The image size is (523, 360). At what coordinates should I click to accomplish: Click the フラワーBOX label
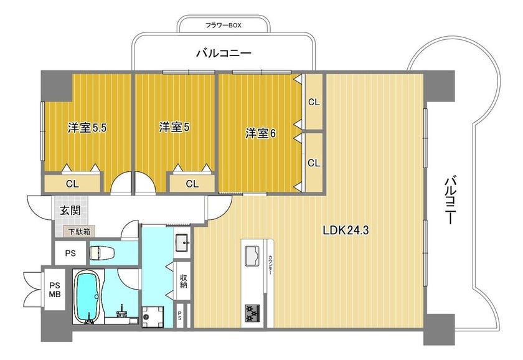tap(223, 25)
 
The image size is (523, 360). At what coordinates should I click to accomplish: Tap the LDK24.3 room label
tap(346, 230)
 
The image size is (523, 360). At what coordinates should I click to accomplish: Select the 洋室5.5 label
tap(87, 128)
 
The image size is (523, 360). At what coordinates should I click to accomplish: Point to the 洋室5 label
tap(174, 127)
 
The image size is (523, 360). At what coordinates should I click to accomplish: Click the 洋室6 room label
tap(260, 133)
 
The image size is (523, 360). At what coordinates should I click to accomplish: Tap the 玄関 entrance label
tap(70, 210)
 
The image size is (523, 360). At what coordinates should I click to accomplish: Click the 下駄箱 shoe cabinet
tap(80, 231)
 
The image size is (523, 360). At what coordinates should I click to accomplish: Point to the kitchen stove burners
tap(253, 313)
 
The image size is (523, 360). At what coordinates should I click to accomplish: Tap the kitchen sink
tap(252, 255)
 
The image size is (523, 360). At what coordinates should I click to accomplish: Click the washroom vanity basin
tap(182, 242)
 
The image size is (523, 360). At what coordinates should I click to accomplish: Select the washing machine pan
tap(153, 316)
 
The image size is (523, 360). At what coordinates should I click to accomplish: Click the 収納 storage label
tap(183, 281)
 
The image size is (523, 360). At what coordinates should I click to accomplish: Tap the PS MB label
tap(55, 290)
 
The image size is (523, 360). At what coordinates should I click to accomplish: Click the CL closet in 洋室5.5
tap(72, 183)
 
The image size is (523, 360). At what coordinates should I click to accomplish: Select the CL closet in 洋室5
tap(192, 183)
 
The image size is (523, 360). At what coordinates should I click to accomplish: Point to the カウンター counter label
tap(270, 265)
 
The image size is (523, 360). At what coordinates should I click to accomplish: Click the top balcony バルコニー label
tap(224, 54)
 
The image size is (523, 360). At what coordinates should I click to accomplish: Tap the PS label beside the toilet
tap(70, 253)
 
